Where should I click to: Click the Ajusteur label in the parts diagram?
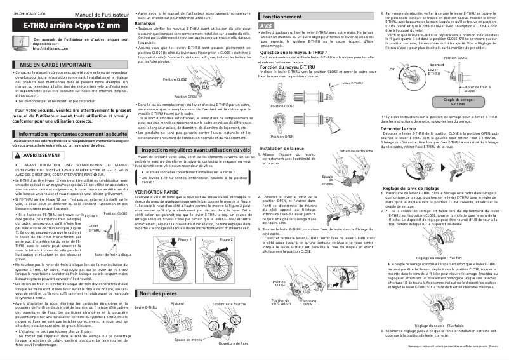tap(178, 305)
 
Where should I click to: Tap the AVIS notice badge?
tap(266, 26)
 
